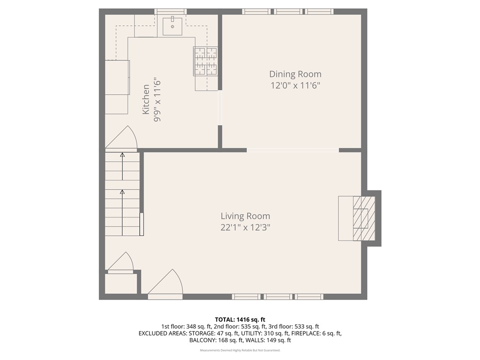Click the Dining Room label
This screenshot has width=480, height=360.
[295, 74]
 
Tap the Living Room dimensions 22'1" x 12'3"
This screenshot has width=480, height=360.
[246, 227]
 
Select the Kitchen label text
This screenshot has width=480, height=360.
[146, 99]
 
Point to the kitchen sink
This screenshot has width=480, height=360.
[174, 26]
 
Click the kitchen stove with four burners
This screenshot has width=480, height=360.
[206, 61]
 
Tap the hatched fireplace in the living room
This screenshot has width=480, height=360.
[364, 218]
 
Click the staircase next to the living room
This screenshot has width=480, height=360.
[122, 193]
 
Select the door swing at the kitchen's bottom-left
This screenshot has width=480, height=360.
[121, 139]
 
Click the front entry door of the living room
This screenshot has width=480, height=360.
[166, 285]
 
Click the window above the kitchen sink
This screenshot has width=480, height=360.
[171, 11]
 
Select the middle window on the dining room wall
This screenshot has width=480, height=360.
[288, 11]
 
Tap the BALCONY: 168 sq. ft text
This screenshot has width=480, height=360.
[210, 340]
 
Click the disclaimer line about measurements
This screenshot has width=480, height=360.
[240, 351]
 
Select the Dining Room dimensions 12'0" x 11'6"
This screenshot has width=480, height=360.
[295, 85]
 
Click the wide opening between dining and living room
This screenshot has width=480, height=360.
[292, 150]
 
